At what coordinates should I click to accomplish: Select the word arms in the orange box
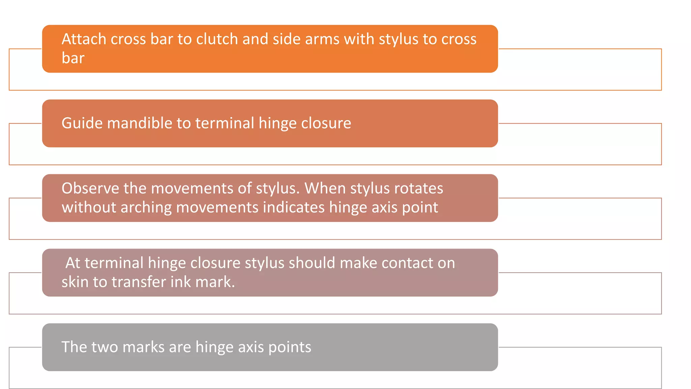[x=322, y=39]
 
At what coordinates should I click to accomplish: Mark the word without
[x=89, y=207]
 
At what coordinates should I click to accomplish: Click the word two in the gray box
[x=105, y=347]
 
